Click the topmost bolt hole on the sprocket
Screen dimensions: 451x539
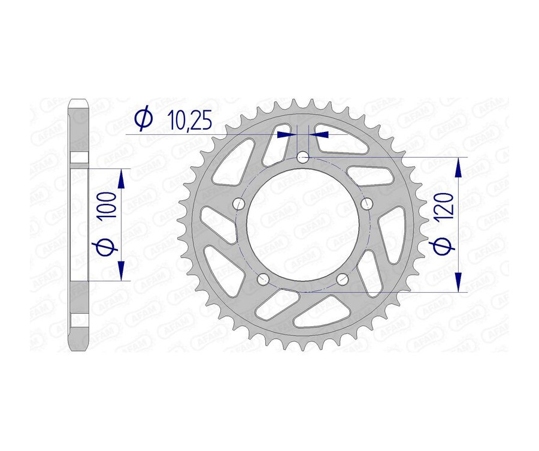pos(303,158)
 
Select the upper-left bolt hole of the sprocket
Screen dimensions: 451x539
pos(239,203)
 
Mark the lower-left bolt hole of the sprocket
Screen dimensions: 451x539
pos(262,279)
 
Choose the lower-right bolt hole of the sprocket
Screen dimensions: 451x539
pos(343,279)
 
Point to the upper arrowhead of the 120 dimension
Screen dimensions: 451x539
pos(459,168)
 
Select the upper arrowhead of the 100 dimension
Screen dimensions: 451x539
pos(122,179)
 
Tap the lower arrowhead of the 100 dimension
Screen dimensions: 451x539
pos(122,270)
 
